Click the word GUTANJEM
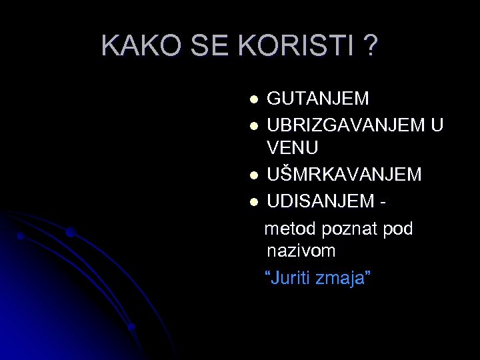tap(318, 99)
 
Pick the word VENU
tap(292, 147)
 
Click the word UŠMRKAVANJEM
tap(344, 175)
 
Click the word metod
tap(291, 229)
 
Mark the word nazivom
tap(301, 251)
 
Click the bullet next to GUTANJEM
tap(253, 100)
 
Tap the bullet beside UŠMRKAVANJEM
tap(253, 176)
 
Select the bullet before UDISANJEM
tap(253, 201)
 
